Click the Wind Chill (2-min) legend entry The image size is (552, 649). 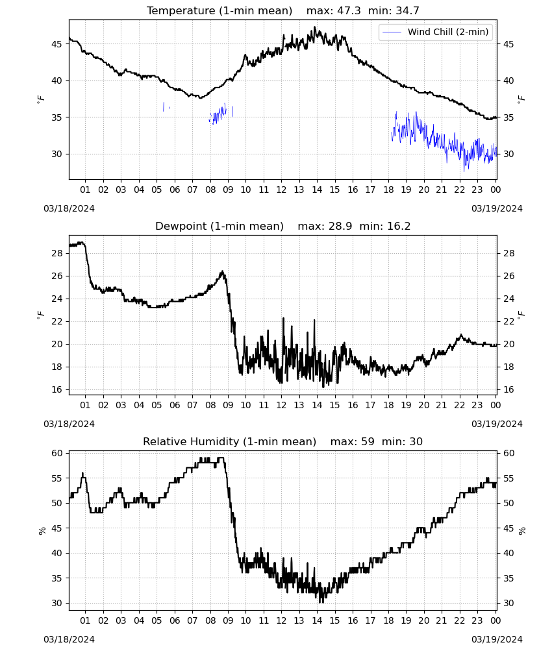(436, 32)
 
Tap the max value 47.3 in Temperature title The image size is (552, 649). (349, 11)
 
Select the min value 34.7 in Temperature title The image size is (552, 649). (407, 11)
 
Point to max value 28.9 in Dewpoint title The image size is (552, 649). (340, 227)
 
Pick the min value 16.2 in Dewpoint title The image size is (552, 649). (398, 227)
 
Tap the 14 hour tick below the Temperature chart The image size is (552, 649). (317, 190)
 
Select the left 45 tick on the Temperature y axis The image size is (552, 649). (56, 44)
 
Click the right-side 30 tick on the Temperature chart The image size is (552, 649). (508, 154)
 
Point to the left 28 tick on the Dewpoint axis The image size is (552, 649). (56, 253)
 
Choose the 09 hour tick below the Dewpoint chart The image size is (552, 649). (228, 405)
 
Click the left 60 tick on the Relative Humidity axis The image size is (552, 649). (56, 453)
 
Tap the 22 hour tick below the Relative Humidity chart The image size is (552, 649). (459, 620)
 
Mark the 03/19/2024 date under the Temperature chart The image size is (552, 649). (497, 208)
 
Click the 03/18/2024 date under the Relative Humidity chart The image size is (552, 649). (69, 639)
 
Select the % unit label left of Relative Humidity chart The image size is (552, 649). (42, 531)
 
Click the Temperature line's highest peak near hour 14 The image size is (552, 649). (315, 27)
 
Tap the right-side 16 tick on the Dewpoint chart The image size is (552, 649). (508, 389)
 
